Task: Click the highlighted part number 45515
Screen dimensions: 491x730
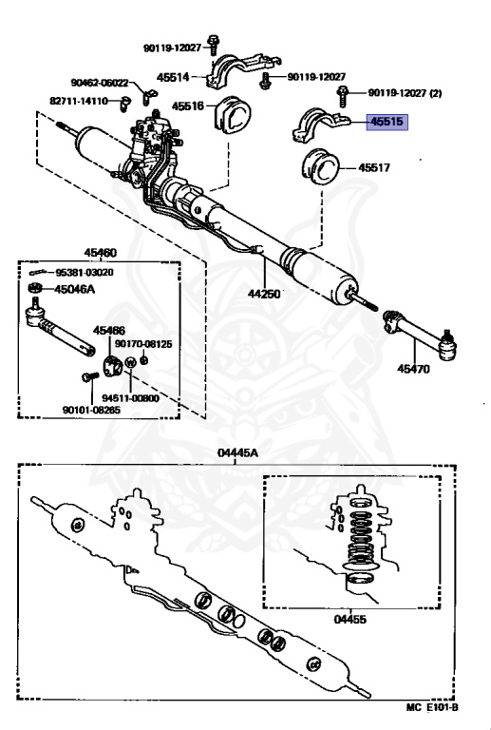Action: pyautogui.click(x=387, y=122)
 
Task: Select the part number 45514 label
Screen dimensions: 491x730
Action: pyautogui.click(x=173, y=77)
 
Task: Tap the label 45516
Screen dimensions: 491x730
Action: pyautogui.click(x=188, y=106)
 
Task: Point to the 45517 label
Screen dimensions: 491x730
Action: pyautogui.click(x=374, y=167)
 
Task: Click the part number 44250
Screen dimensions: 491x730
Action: pyautogui.click(x=264, y=294)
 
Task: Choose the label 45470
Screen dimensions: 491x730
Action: pyautogui.click(x=413, y=369)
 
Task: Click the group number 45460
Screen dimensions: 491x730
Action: pyautogui.click(x=100, y=253)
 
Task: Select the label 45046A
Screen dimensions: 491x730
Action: pyautogui.click(x=74, y=289)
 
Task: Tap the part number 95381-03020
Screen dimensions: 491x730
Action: pyautogui.click(x=85, y=273)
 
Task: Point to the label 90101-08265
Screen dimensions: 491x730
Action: pyautogui.click(x=91, y=410)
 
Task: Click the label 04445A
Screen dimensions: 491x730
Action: pyautogui.click(x=237, y=453)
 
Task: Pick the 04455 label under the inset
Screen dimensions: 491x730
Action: pyautogui.click(x=350, y=620)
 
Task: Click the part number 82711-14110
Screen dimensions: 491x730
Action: pyautogui.click(x=79, y=101)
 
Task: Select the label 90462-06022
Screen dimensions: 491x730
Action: pyautogui.click(x=100, y=83)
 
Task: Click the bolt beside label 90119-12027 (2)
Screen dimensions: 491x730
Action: pyautogui.click(x=342, y=96)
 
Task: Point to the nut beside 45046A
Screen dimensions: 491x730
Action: pyautogui.click(x=35, y=288)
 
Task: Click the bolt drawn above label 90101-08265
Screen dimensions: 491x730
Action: pyautogui.click(x=90, y=376)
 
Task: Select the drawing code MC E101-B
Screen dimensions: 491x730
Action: pyautogui.click(x=432, y=707)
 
